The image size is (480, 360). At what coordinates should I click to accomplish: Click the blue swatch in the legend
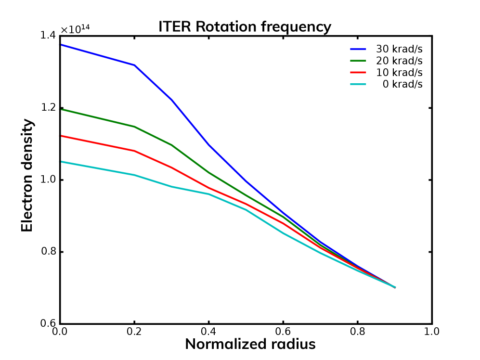(358, 49)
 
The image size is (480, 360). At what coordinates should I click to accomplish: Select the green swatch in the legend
(358, 61)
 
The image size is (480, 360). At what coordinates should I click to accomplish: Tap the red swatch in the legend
(358, 73)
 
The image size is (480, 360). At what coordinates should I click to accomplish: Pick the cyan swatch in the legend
(358, 84)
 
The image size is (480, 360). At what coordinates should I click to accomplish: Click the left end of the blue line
(61, 45)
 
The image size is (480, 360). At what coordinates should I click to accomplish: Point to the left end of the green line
(61, 109)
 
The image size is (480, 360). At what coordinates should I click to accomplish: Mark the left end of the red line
(61, 136)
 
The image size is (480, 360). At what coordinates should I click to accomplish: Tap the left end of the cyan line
(61, 162)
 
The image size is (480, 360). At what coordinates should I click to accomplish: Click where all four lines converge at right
(395, 287)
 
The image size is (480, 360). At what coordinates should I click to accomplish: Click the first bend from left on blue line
(134, 64)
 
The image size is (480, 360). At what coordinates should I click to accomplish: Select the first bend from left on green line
(134, 127)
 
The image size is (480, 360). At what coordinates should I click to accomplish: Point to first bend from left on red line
(134, 151)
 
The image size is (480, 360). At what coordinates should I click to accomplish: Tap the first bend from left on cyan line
(134, 175)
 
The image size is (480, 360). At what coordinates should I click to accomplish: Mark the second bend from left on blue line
(171, 99)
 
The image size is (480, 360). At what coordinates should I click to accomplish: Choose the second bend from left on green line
(171, 144)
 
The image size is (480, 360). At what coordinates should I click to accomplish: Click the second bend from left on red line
(171, 167)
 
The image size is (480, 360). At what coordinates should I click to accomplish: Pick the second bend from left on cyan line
(171, 186)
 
